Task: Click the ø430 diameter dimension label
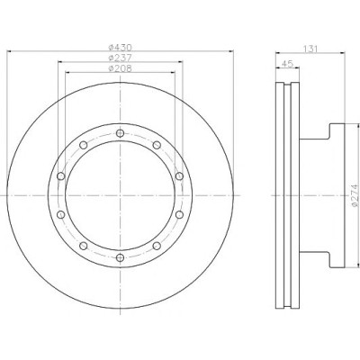click(x=120, y=48)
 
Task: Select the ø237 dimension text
click(x=120, y=58)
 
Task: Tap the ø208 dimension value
click(x=120, y=68)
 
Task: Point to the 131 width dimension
click(x=310, y=49)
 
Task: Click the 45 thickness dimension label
click(x=288, y=64)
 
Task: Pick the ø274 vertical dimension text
click(x=355, y=195)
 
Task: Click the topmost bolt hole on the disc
click(x=120, y=133)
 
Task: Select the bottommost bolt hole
click(x=120, y=257)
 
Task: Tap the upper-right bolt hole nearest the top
click(x=157, y=145)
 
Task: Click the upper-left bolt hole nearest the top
click(x=84, y=145)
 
